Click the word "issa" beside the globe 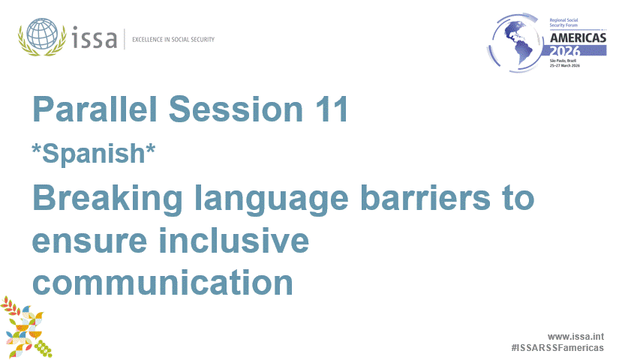[x=95, y=37]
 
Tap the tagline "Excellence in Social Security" [x=173, y=39]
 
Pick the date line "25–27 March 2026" [x=570, y=66]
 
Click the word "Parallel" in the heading [x=95, y=110]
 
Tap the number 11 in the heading [x=329, y=110]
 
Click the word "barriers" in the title [x=439, y=198]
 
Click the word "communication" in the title [x=162, y=283]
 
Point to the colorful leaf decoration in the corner [x=26, y=326]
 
